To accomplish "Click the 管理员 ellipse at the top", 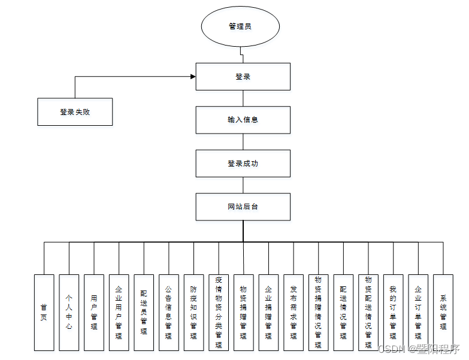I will click(240, 26).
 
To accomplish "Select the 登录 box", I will click(243, 77).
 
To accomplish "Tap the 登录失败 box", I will click(75, 111).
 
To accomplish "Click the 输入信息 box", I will click(243, 120).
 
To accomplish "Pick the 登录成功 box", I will click(243, 164).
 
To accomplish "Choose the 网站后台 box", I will click(243, 207).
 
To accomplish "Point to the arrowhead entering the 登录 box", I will click(193, 77).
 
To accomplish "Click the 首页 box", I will click(44, 312).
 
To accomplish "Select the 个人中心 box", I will click(69, 312).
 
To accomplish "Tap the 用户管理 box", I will click(94, 312).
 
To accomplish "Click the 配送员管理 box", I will click(144, 312).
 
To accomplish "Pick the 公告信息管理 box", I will click(169, 312).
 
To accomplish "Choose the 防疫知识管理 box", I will click(193, 312).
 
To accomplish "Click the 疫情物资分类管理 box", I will click(219, 312).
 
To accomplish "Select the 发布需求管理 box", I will click(293, 312).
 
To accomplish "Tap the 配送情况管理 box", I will click(343, 312).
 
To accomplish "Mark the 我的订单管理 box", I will click(393, 312).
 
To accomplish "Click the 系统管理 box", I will click(443, 312).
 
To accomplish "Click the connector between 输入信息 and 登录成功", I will click(243, 141).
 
